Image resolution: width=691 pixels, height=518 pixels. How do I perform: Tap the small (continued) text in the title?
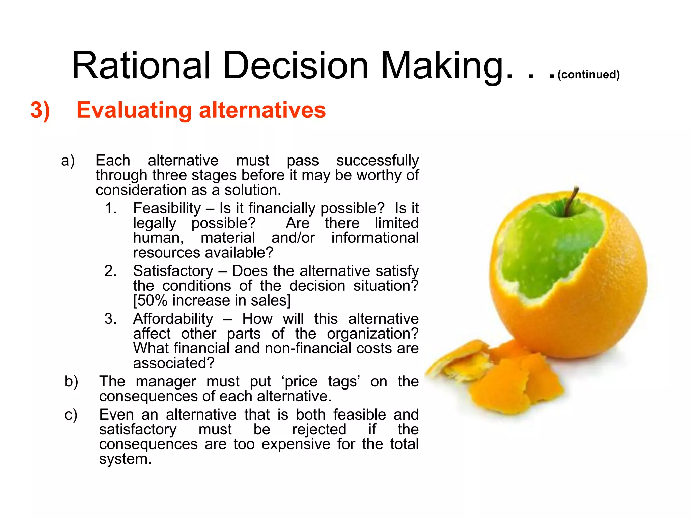(x=588, y=74)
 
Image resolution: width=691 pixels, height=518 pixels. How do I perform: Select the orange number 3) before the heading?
(x=40, y=110)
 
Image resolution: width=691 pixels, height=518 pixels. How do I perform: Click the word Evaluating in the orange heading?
(x=134, y=111)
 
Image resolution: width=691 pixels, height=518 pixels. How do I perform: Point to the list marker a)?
(x=68, y=161)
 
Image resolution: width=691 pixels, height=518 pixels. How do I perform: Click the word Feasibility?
(x=167, y=208)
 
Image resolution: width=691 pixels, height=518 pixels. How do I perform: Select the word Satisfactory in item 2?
(x=173, y=271)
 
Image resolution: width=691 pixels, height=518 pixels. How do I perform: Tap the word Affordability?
(x=173, y=319)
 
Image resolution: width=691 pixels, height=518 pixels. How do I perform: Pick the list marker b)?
(x=71, y=381)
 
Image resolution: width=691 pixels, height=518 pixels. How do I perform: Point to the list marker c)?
(x=71, y=414)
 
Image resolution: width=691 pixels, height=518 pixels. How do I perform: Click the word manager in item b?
(x=166, y=381)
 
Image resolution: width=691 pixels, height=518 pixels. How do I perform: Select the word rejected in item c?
(x=319, y=429)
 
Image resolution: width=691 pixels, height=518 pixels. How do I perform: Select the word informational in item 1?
(x=375, y=238)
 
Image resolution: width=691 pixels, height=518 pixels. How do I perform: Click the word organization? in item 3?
(x=372, y=334)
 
